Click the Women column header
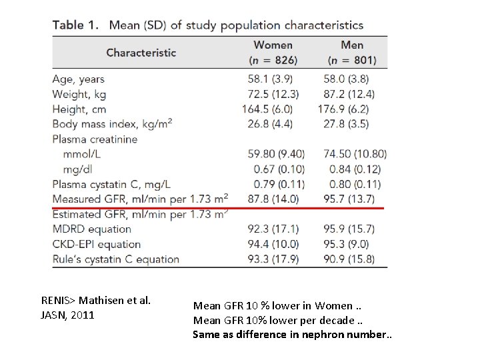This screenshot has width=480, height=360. tap(273, 45)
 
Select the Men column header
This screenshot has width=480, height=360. tap(352, 45)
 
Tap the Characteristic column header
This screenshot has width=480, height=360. tap(141, 53)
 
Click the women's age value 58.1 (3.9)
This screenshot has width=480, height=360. tap(270, 79)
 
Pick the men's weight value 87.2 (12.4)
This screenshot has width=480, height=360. tap(349, 94)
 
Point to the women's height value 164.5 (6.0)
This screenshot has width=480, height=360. tap(267, 109)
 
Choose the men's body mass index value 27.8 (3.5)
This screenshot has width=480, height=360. tap(346, 124)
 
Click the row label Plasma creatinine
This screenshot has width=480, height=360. tap(95, 139)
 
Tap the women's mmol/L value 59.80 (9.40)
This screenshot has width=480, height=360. tap(276, 154)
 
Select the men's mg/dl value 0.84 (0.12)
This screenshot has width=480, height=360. tap(355, 169)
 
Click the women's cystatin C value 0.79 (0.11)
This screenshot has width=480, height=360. tap(279, 184)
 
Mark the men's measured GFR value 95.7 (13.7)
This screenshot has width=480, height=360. tap(349, 199)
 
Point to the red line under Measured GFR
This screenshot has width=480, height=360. tap(218, 208)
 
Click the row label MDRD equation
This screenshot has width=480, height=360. tap(92, 229)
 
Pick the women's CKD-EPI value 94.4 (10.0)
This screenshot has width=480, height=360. tap(273, 244)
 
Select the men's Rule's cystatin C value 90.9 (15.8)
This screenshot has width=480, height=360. tap(349, 259)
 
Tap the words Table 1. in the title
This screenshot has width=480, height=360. tap(75, 25)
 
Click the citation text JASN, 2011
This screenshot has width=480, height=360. tap(67, 315)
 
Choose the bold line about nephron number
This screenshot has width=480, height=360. tap(293, 334)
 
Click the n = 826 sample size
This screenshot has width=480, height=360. tap(273, 60)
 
